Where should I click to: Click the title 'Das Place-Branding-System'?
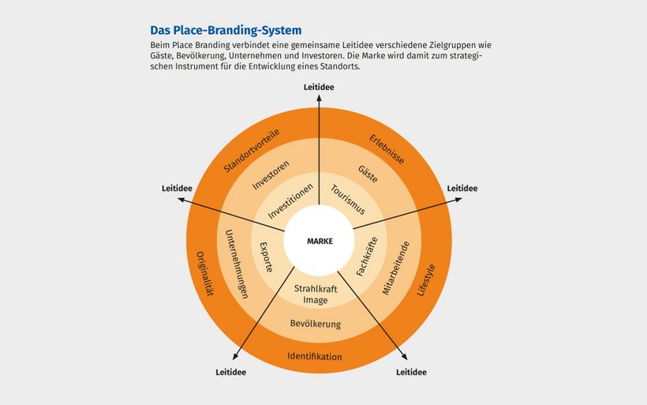coord(226,30)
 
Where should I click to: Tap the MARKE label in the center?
coord(320,241)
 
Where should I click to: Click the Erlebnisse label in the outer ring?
coord(387,149)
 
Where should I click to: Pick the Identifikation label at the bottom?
coord(314,357)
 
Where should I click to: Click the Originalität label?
coord(204,274)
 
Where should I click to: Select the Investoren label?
coord(271,175)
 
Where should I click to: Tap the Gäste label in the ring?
coord(368,174)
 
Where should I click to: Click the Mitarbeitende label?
coord(396,268)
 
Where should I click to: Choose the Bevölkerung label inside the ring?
coord(316,324)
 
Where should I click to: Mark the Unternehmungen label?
coord(237,264)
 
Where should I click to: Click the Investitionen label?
coord(290,201)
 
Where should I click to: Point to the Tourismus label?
coord(348,200)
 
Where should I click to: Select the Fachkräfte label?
coord(367,256)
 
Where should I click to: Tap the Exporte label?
coord(267,257)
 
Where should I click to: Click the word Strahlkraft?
coord(316,289)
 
